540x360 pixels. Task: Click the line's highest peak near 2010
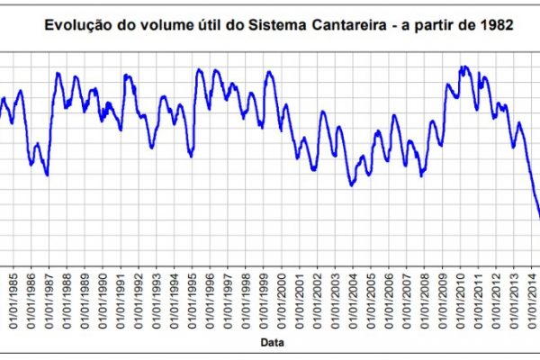(463, 67)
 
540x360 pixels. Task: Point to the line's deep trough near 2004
(352, 184)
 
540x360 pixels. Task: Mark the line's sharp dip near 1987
(47, 175)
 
